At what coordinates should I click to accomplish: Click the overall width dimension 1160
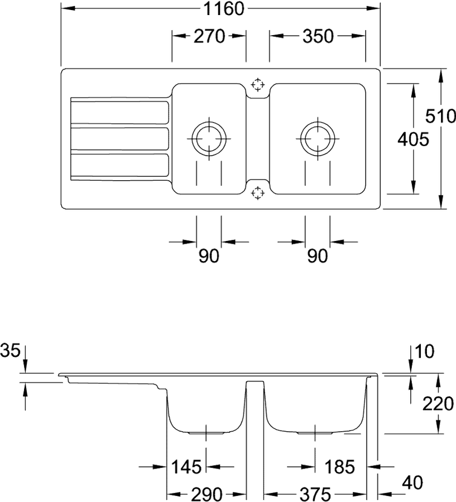click(224, 8)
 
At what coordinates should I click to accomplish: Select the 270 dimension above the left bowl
click(209, 36)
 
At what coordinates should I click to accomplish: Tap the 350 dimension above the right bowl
click(318, 36)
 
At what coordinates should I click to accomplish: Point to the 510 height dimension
click(440, 116)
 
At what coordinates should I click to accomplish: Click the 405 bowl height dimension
click(412, 139)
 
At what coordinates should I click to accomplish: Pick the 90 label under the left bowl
click(209, 256)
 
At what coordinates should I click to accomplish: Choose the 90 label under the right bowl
click(317, 256)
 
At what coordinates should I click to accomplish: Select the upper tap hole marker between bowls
click(257, 85)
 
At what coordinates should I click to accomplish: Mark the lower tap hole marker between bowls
click(257, 193)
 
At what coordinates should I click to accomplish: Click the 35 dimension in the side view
click(10, 350)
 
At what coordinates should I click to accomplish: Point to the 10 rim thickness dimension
click(424, 351)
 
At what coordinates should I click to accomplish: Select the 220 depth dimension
click(438, 403)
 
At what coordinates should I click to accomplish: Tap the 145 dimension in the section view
click(186, 466)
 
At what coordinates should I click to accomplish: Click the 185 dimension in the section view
click(339, 466)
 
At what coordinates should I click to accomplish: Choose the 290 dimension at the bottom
click(207, 494)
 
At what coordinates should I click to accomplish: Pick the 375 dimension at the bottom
click(315, 494)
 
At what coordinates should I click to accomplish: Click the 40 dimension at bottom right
click(412, 483)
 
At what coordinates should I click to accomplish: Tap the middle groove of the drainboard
click(119, 138)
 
